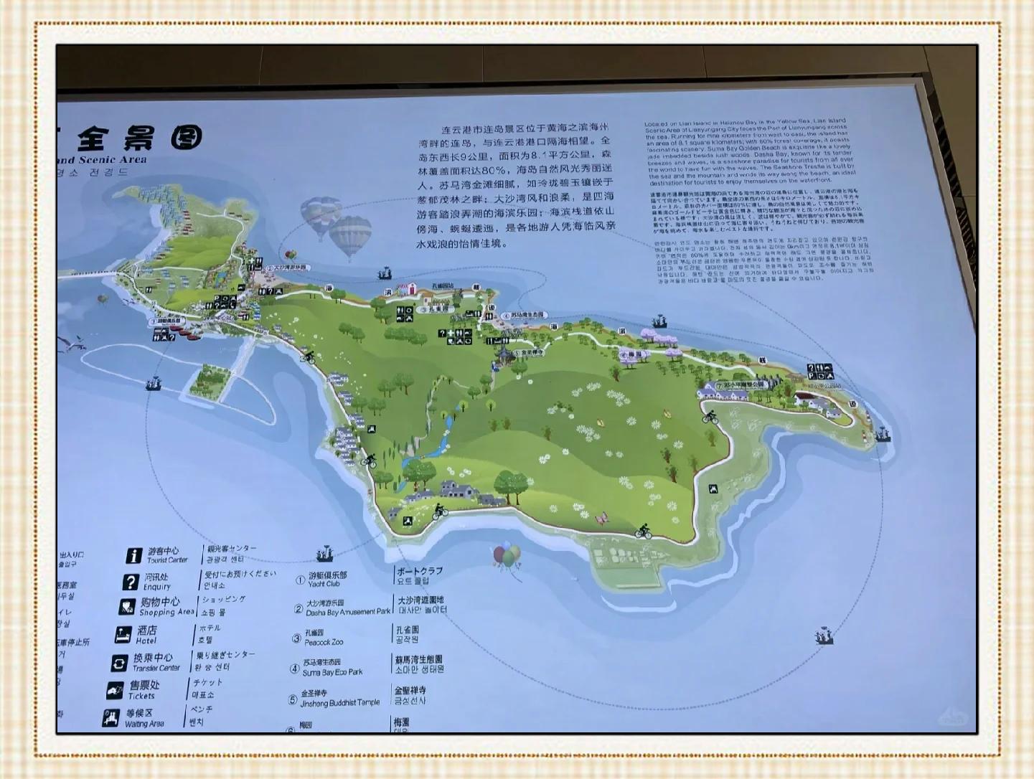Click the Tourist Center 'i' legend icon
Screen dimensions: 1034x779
click(133, 555)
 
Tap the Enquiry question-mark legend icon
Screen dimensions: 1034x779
click(130, 582)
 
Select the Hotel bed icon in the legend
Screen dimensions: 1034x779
click(123, 635)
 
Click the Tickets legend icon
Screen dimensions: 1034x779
click(115, 690)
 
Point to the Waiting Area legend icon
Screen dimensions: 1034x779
click(111, 718)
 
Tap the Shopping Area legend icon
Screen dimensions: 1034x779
click(126, 607)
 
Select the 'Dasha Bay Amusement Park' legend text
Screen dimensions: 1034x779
click(348, 612)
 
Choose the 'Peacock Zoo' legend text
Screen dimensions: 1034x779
click(324, 642)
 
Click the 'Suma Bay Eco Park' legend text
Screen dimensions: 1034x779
click(332, 672)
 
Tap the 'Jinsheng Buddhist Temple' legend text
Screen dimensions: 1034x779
click(340, 702)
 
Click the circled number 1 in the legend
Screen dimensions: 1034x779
click(300, 580)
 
